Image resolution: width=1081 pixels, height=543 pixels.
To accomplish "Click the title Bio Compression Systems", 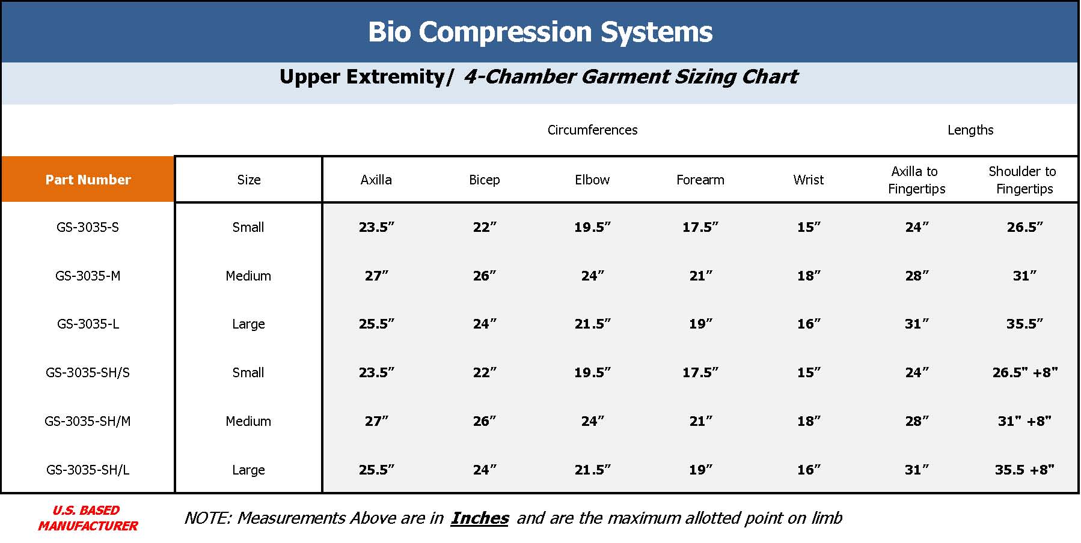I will pos(540,32).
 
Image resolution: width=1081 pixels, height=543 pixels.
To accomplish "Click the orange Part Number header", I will pos(88,180).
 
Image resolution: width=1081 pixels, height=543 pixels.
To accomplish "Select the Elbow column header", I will pos(592,180).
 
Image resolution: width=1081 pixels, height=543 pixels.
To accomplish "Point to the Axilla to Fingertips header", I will pos(916,180).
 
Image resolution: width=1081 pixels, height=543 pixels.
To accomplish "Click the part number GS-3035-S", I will pos(88,227).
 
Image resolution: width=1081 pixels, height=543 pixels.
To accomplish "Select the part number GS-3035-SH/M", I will pos(88,421).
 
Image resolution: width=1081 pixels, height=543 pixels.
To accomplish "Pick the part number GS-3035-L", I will pos(88,324).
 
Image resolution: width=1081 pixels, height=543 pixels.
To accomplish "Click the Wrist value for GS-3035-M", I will pos(809,276).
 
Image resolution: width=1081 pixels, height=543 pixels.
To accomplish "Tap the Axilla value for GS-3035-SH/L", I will pos(376,470).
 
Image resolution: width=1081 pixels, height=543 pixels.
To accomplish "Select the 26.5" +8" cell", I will pos(1024,372).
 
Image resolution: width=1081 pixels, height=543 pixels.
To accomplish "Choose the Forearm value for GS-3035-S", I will pos(700,227).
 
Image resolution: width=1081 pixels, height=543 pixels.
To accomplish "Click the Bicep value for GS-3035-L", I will pos(485,324).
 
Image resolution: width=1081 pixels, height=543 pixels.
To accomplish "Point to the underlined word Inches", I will pos(480,518).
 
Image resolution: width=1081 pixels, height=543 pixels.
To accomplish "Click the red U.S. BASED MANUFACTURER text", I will pos(88,518).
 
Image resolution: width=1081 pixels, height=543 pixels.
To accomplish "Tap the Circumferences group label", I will pos(592,130).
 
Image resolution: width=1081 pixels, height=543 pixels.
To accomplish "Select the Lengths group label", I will pos(970,130).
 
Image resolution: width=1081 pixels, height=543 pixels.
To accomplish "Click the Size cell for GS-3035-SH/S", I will pos(248,372).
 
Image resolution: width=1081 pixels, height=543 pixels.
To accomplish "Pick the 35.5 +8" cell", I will pos(1024,470).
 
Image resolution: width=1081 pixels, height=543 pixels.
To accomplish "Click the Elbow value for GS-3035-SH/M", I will pos(592,421).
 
